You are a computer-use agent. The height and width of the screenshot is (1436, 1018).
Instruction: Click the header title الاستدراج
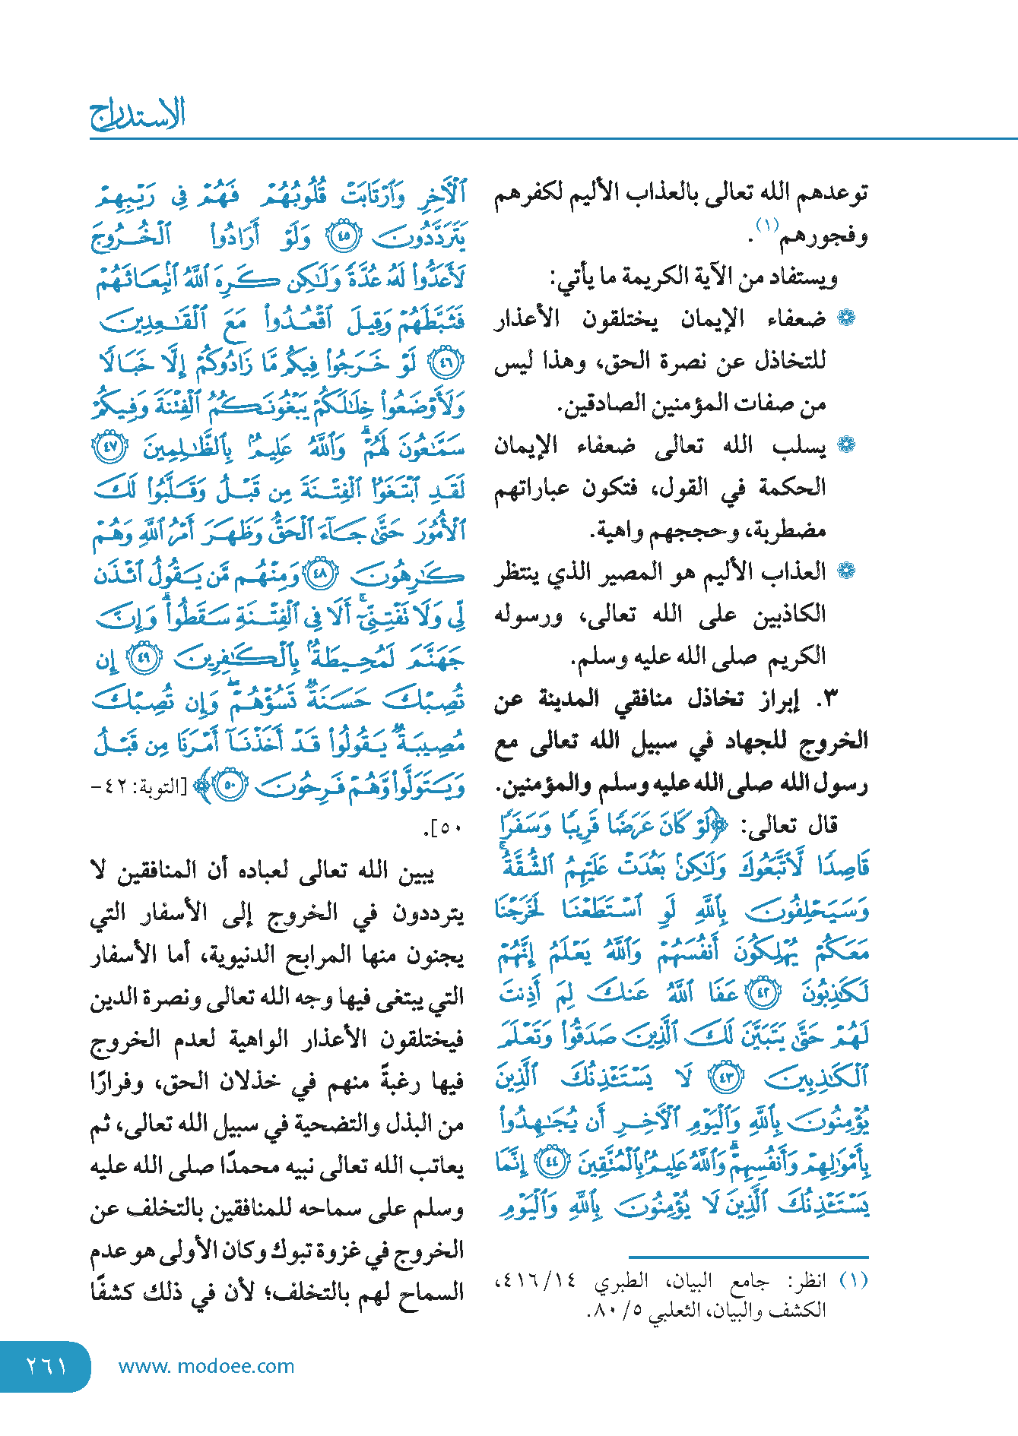tap(138, 115)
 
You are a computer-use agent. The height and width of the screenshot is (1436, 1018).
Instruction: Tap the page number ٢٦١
tap(46, 1366)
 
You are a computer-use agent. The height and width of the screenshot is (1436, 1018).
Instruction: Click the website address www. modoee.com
tap(206, 1366)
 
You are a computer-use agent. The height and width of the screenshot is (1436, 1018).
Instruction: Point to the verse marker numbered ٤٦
tap(447, 364)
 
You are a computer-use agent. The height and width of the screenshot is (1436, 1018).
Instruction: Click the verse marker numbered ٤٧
tap(110, 447)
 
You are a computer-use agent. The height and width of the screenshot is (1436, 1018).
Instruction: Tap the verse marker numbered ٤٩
tap(144, 657)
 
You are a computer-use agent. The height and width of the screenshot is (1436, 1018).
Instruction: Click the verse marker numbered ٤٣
tap(725, 1077)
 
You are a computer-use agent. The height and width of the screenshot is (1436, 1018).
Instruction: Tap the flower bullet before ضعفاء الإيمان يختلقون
tap(846, 318)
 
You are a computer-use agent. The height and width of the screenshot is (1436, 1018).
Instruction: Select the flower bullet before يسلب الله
tap(846, 445)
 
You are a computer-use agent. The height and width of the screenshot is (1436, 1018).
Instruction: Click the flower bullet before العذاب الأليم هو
tap(846, 571)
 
